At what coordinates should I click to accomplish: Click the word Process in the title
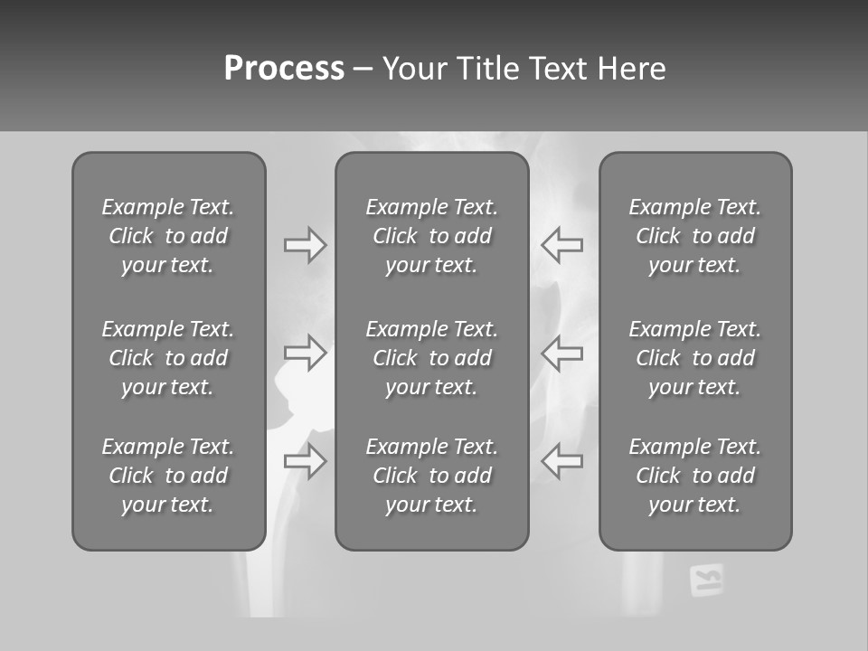click(x=284, y=69)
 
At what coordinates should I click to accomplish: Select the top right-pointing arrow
click(x=306, y=245)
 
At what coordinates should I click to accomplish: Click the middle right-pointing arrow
click(x=306, y=353)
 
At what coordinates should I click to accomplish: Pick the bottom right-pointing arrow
click(x=306, y=461)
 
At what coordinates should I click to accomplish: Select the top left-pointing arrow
click(x=561, y=245)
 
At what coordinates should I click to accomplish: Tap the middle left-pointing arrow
click(x=561, y=353)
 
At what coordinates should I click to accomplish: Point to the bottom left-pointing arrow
click(x=561, y=461)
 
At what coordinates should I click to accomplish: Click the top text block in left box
click(x=168, y=236)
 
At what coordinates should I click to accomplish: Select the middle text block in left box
click(x=168, y=358)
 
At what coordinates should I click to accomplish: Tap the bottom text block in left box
click(x=168, y=476)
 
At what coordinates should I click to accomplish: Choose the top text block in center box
click(x=431, y=236)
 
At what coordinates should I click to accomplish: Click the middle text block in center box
click(x=431, y=358)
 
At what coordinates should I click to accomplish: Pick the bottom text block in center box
click(x=431, y=476)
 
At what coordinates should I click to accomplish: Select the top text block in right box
click(x=694, y=236)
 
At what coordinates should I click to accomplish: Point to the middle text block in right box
click(x=694, y=358)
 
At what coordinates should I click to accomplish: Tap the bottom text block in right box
click(x=694, y=476)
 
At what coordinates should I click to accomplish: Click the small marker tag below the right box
click(x=706, y=580)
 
